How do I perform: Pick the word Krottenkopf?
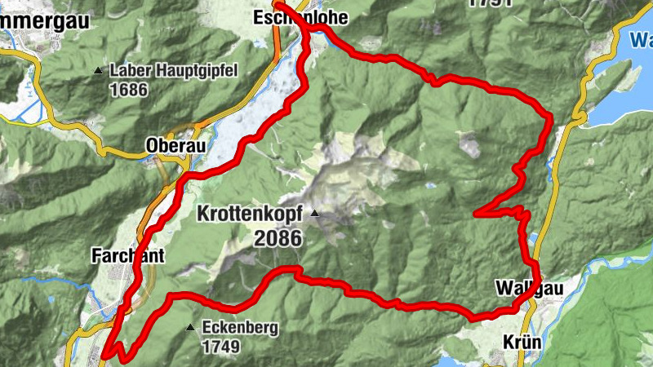(249, 214)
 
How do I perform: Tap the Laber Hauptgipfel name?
(173, 71)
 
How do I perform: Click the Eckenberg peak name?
(241, 329)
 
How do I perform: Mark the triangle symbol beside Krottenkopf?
(313, 214)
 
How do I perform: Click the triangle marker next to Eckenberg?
(191, 328)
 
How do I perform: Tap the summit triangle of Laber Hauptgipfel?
(99, 71)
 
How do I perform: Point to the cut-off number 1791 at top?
(491, 2)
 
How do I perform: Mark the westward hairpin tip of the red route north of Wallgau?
(476, 213)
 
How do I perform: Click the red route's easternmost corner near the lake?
(551, 119)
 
